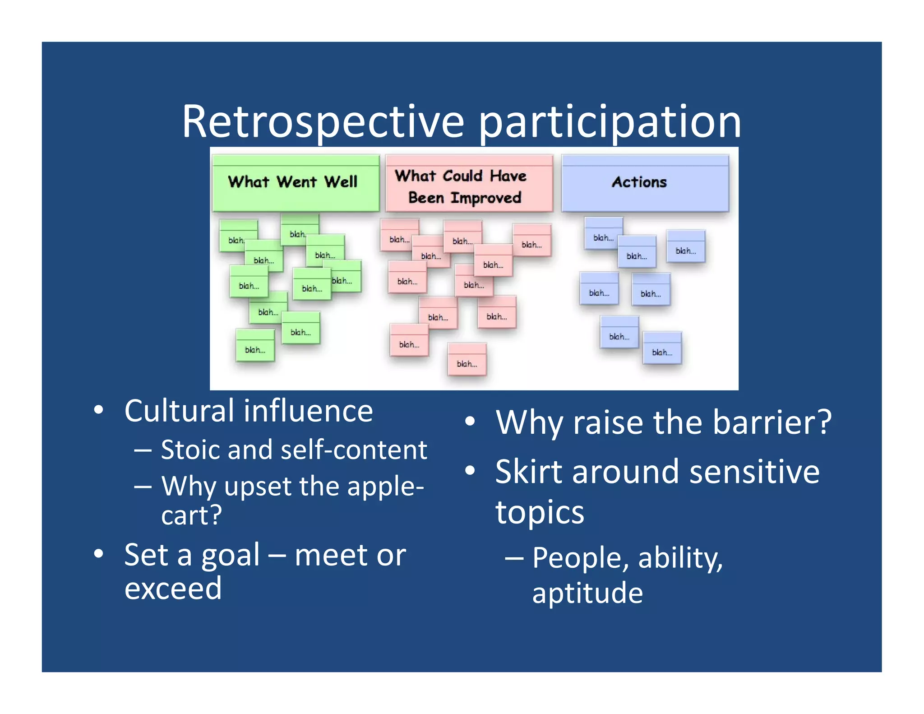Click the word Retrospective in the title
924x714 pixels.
pos(323,122)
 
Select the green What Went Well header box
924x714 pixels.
pos(296,183)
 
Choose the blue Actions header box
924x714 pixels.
pos(645,183)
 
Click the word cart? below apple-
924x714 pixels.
pos(192,515)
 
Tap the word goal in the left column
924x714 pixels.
pos(231,556)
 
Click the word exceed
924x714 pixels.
pos(173,589)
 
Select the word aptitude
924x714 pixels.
pos(587,593)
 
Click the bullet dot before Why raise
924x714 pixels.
pos(470,422)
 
